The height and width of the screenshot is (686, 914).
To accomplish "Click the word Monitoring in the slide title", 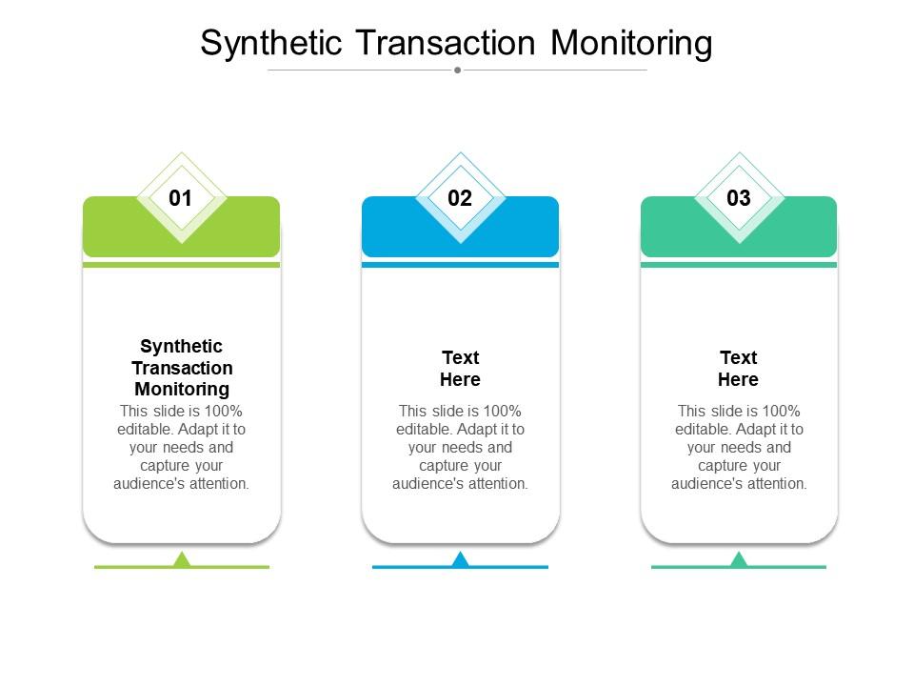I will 631,44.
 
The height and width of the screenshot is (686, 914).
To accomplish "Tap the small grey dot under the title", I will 458,70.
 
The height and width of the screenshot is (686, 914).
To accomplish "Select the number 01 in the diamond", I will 181,198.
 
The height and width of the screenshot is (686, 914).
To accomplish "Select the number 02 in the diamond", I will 460,198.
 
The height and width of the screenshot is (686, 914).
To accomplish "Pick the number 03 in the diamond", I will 739,198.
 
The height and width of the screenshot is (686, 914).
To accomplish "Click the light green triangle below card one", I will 182,559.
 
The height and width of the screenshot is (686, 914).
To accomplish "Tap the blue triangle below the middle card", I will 461,559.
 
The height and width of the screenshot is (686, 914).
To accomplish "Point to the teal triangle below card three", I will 739,559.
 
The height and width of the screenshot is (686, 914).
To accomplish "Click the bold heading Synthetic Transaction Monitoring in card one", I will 182,368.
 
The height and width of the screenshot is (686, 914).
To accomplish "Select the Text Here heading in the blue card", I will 461,369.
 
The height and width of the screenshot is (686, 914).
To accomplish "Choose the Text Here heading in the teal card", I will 739,369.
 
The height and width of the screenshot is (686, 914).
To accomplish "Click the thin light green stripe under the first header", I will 182,265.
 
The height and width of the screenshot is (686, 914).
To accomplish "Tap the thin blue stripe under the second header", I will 461,265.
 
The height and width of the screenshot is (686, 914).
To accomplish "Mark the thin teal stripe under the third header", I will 739,265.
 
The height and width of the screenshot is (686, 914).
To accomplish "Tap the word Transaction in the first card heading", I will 182,368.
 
